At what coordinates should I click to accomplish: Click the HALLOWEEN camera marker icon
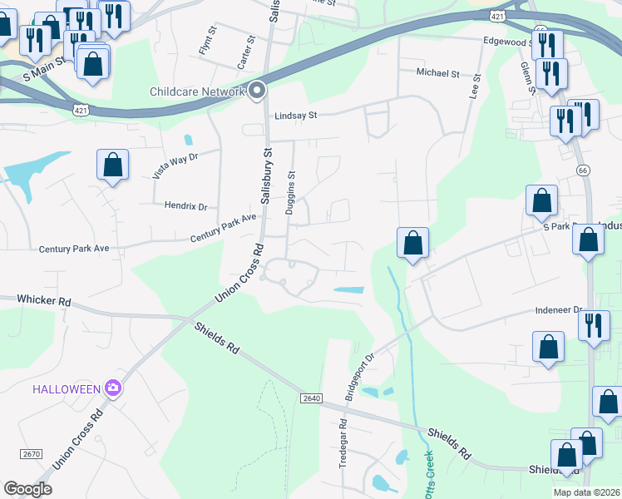coord(113,388)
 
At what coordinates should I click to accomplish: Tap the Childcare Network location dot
coord(257,91)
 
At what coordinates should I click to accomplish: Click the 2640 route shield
coord(311,398)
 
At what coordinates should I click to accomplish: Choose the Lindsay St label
coord(296,116)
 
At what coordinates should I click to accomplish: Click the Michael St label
coord(437,73)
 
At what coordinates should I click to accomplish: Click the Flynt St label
coord(208,42)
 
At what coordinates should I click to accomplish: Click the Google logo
coord(27,489)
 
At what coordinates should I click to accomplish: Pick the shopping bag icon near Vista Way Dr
coord(113,166)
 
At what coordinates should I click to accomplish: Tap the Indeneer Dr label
coord(556,310)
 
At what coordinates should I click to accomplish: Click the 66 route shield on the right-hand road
coord(583,169)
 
